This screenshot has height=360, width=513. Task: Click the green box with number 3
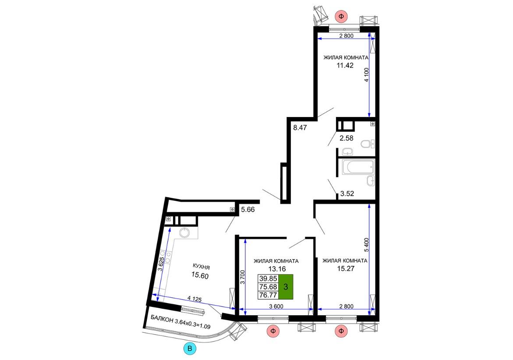[286, 287]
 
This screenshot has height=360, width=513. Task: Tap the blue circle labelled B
[190, 349]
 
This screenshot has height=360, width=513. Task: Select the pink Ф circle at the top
[341, 16]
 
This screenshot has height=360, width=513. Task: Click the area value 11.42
[345, 65]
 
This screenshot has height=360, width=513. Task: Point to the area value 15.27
[346, 269]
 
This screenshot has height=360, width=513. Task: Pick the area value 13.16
[277, 269]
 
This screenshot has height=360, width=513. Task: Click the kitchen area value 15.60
[200, 275]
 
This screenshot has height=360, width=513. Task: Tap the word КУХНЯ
[201, 267]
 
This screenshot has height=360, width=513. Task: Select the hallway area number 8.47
[300, 128]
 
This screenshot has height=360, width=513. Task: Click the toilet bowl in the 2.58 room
[368, 143]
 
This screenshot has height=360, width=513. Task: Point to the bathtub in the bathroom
[357, 167]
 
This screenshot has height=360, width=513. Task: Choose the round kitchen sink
[184, 232]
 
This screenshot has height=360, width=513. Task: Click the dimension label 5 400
[366, 245]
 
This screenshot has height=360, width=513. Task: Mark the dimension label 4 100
[366, 75]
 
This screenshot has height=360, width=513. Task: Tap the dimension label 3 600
[276, 306]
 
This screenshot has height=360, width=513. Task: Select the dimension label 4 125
[195, 299]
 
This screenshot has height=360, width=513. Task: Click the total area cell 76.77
[268, 295]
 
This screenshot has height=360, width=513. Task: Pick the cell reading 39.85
[268, 278]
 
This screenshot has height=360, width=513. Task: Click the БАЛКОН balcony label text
[162, 319]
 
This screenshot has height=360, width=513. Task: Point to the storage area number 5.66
[248, 209]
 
